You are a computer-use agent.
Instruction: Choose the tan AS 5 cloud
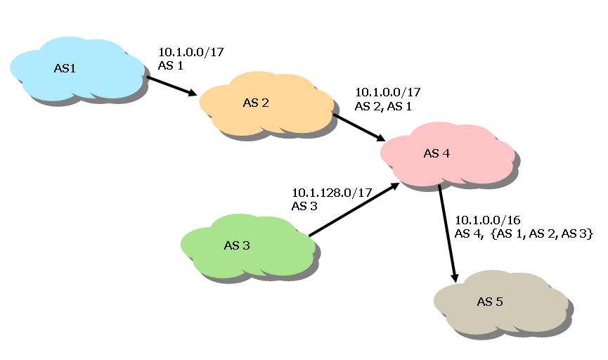[x=499, y=302]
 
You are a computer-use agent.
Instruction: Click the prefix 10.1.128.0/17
[x=331, y=193]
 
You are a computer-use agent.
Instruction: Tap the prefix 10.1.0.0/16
[x=487, y=220]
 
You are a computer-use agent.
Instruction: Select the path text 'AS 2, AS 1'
[x=383, y=106]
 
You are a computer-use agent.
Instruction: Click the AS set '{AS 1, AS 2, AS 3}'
[x=544, y=233]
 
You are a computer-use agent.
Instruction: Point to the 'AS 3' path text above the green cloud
[x=304, y=206]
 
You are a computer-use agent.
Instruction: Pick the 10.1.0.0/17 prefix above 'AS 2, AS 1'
[x=388, y=92]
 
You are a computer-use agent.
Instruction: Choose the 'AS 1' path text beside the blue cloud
[x=171, y=65]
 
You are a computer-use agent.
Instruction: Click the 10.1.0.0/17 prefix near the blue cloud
[x=191, y=51]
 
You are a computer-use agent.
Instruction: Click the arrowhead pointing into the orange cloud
[x=193, y=93]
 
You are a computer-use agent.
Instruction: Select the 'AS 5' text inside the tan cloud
[x=489, y=302]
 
